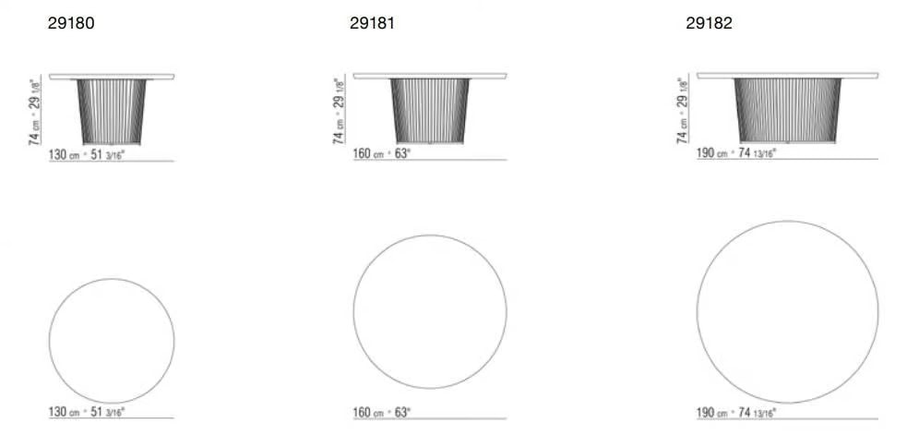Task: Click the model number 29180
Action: pyautogui.click(x=71, y=23)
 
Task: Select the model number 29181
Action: pyautogui.click(x=372, y=23)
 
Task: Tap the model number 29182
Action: pyautogui.click(x=710, y=23)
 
